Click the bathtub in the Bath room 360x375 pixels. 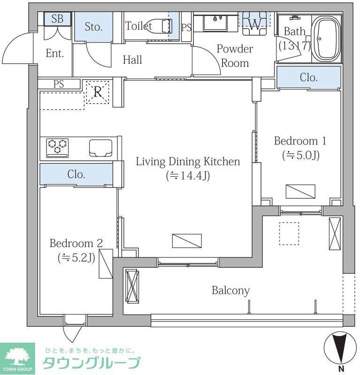(x=327, y=39)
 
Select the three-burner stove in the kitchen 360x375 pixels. (x=57, y=148)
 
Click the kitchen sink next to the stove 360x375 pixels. (x=100, y=148)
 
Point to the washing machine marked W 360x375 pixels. (x=254, y=23)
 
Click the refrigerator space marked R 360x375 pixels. (x=98, y=92)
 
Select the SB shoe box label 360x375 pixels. (x=57, y=19)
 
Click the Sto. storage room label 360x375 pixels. (x=94, y=27)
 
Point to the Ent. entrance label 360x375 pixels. (x=55, y=53)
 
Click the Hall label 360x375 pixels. (x=132, y=60)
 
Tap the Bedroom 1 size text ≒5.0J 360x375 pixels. (x=301, y=156)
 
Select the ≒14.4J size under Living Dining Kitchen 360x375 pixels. (x=188, y=176)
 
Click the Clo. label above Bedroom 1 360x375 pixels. (x=309, y=77)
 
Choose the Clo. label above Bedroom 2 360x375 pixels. (x=77, y=174)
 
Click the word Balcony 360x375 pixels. (x=230, y=291)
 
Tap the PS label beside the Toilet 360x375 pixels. (x=186, y=27)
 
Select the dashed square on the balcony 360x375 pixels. (x=289, y=233)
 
